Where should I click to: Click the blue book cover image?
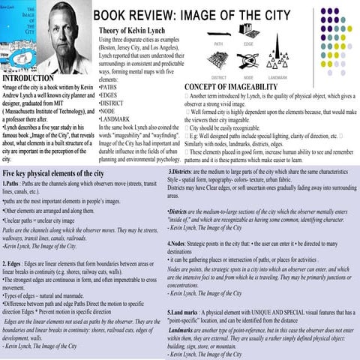16,35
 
